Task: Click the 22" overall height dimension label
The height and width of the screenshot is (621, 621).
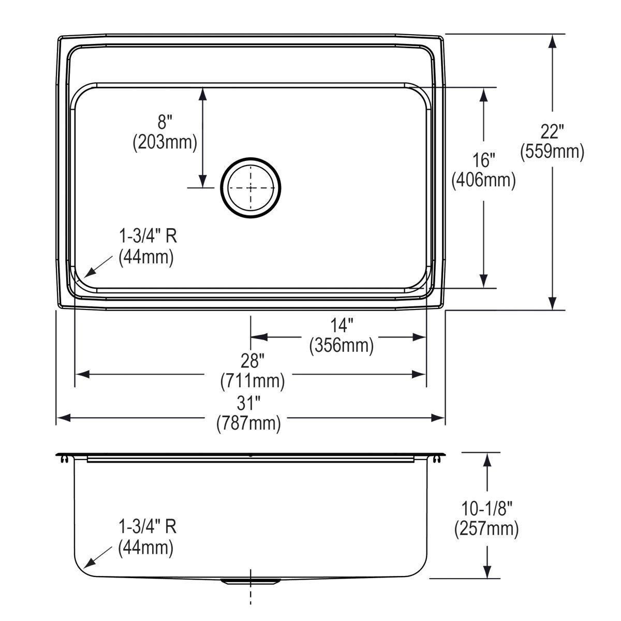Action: (x=552, y=131)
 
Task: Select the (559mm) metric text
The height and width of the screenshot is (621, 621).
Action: (x=552, y=151)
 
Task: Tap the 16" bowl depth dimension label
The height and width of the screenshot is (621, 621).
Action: (x=484, y=159)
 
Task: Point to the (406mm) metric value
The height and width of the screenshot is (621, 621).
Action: (x=484, y=180)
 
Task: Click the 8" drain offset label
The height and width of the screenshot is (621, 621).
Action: (x=165, y=122)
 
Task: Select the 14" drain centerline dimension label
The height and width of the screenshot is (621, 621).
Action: (x=342, y=326)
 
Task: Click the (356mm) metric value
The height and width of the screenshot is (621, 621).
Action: (x=342, y=345)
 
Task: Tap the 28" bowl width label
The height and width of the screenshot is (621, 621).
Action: (x=253, y=361)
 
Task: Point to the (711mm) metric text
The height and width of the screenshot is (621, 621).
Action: (x=253, y=381)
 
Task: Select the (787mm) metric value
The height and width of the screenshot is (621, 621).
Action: (x=248, y=423)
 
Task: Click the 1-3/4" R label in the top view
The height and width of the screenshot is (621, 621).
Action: (x=147, y=236)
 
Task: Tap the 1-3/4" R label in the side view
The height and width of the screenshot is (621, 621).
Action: (x=147, y=527)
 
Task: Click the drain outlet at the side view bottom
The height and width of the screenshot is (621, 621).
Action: (x=251, y=581)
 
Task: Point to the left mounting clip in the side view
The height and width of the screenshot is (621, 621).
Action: (x=64, y=459)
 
